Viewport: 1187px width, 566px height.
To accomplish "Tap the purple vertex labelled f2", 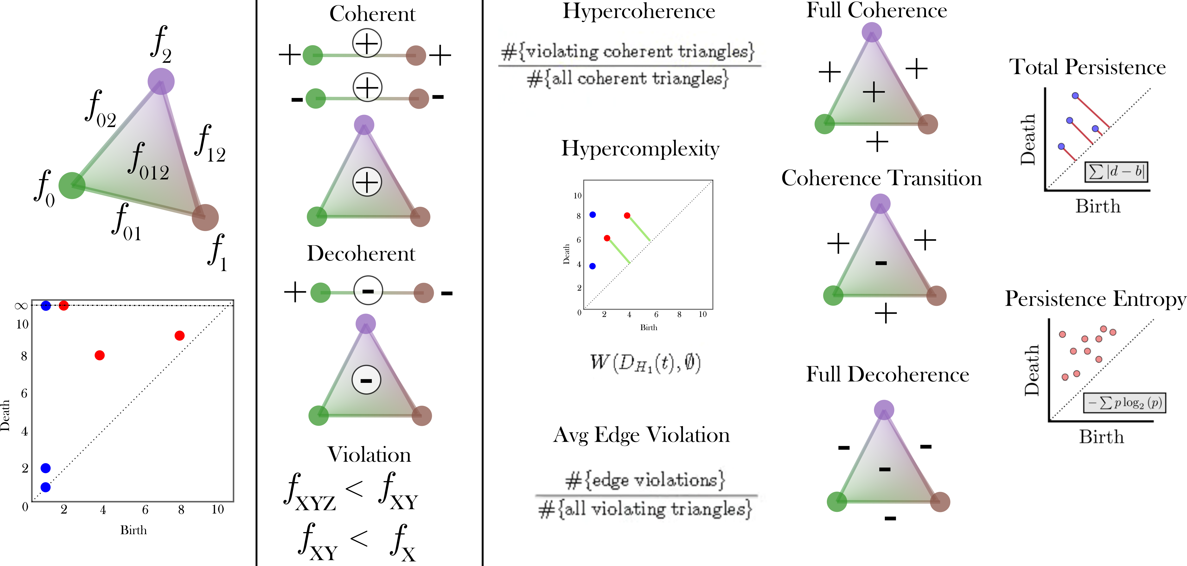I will (x=161, y=81).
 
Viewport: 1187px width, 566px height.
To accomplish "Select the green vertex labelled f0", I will (x=72, y=185).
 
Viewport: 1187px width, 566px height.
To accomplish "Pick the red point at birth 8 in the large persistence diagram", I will (x=180, y=335).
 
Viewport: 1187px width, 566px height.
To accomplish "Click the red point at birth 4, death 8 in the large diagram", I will (x=100, y=355).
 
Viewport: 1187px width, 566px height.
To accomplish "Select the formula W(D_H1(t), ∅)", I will (x=645, y=363).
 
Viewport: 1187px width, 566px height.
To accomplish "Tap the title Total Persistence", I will (x=1087, y=67).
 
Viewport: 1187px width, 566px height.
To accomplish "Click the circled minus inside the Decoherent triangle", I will (x=366, y=380).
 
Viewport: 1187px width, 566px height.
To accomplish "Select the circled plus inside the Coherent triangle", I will (x=367, y=182).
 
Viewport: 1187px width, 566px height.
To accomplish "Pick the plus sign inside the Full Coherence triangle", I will (x=874, y=92).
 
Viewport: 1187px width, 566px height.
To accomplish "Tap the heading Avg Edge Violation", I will (x=641, y=435).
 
